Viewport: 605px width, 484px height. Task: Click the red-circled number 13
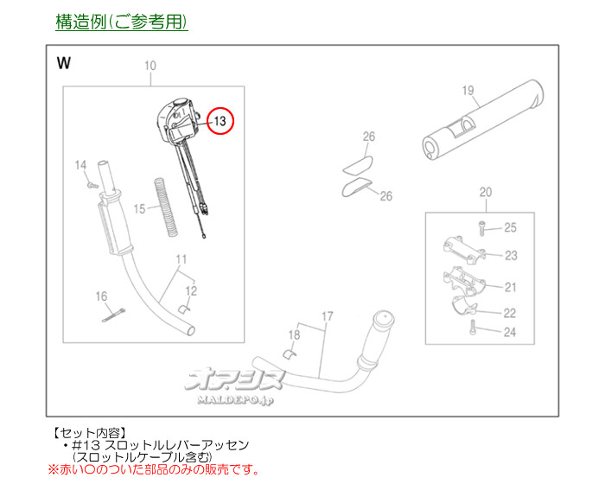[220, 122]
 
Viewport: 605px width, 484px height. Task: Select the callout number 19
[469, 89]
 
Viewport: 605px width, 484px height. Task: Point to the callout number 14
[80, 165]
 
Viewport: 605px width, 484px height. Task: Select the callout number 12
[192, 290]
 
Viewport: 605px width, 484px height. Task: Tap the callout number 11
[181, 258]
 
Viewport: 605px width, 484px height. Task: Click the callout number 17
[326, 316]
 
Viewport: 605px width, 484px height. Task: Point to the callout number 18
[294, 334]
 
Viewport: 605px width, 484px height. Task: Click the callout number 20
[485, 192]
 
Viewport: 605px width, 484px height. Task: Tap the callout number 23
[510, 256]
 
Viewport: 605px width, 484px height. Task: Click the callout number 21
[510, 287]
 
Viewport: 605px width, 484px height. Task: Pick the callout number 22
[510, 313]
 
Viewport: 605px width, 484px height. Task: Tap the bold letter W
[63, 63]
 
